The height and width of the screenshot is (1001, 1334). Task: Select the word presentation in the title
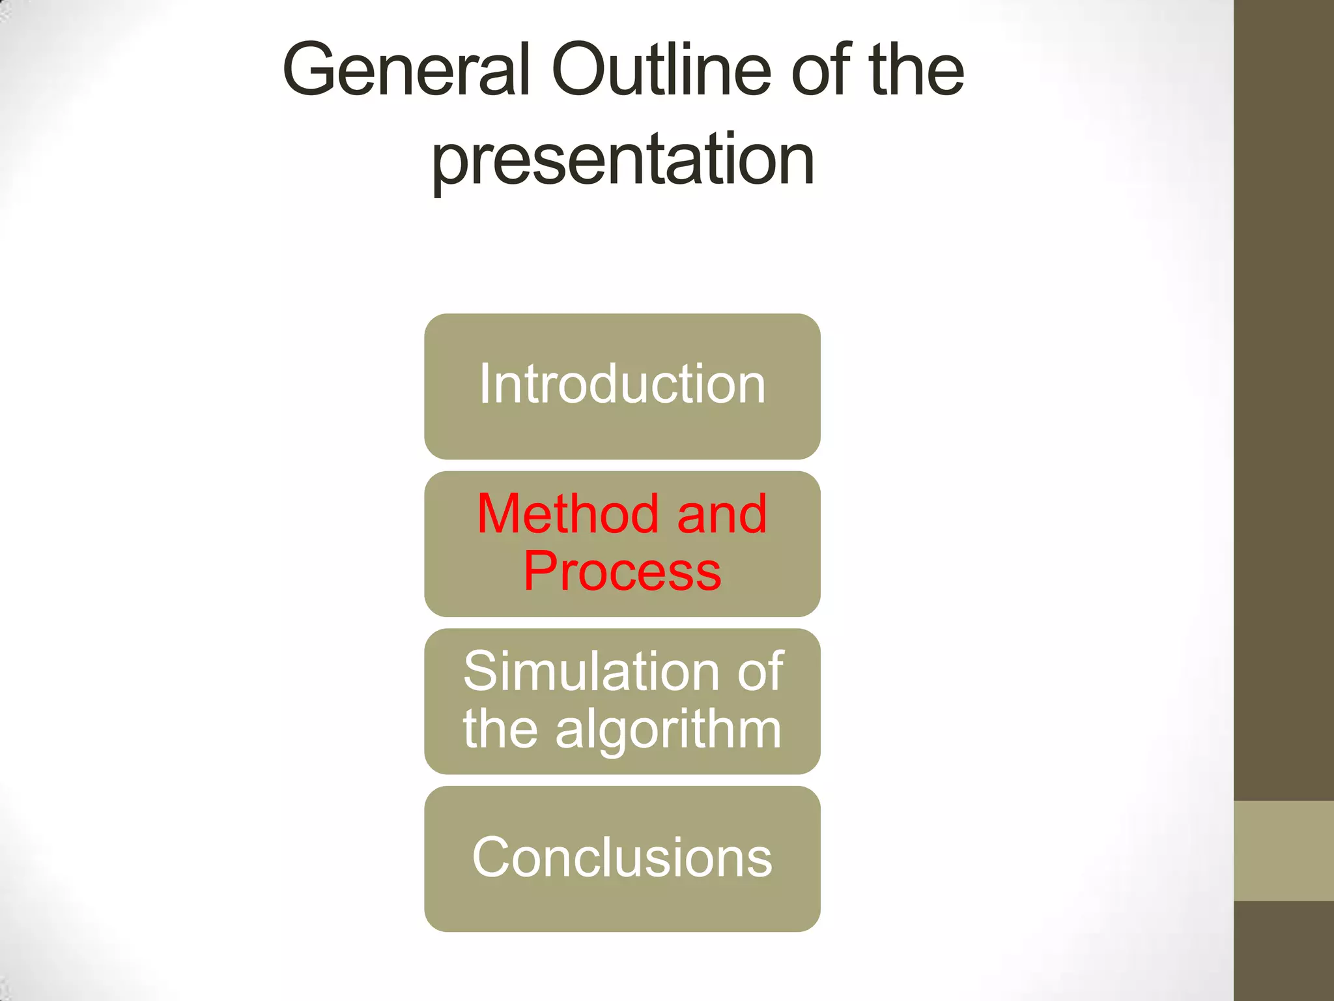(623, 159)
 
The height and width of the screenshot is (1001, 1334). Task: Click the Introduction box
(622, 386)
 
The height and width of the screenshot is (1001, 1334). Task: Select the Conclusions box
(622, 858)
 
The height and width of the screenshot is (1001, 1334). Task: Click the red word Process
(622, 572)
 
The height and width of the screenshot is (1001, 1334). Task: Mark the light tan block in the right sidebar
(1284, 851)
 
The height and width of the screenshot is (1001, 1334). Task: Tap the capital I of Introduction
(484, 384)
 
